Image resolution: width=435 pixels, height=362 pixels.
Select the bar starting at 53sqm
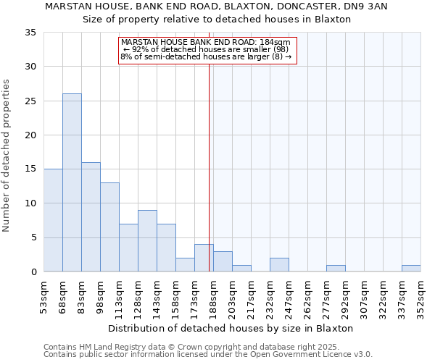[x=53, y=220]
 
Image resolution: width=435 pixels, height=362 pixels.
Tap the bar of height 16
[x=91, y=217]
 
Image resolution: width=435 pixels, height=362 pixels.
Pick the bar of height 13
[x=109, y=227]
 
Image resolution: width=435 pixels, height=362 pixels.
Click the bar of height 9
[x=147, y=241]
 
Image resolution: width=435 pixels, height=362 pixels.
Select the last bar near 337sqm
[x=411, y=269]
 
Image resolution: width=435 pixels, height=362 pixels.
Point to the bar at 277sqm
[x=336, y=269]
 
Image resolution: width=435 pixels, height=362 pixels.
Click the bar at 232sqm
[x=279, y=265]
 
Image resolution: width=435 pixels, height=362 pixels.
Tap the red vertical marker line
[x=210, y=167]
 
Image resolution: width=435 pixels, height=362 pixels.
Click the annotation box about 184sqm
[x=207, y=49]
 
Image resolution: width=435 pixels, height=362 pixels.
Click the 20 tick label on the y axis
[x=30, y=135]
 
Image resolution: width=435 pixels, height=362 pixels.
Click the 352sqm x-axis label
[x=421, y=295]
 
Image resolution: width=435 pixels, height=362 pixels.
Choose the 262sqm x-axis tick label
[x=308, y=295]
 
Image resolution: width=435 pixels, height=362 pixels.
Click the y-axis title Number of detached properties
[x=7, y=156]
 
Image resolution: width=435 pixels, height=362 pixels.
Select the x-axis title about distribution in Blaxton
[x=232, y=328]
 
